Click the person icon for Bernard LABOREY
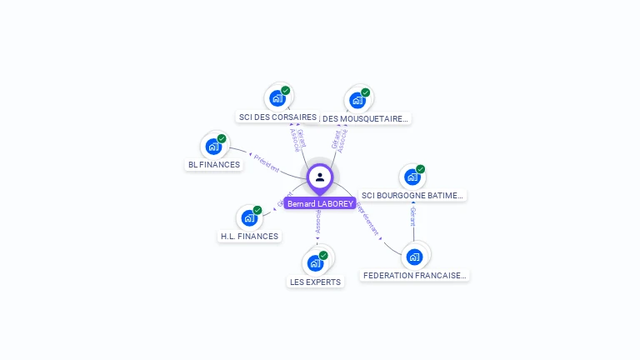320,177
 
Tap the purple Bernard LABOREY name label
320,203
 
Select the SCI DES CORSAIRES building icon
278,98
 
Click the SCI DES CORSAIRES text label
277,117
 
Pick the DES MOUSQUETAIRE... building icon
357,100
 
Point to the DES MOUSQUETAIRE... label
365,118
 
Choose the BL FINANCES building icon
214,147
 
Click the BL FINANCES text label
214,165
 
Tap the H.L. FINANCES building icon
249,218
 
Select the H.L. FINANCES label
249,237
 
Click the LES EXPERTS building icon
315,263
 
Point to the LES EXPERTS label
315,282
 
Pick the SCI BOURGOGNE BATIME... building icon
412,177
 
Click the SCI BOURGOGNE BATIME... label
412,196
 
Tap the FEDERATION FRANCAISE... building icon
414,257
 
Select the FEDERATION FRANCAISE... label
415,275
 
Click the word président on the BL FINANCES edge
266,162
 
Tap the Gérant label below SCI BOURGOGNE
412,217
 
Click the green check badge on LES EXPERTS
323,255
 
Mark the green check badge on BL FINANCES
222,139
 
